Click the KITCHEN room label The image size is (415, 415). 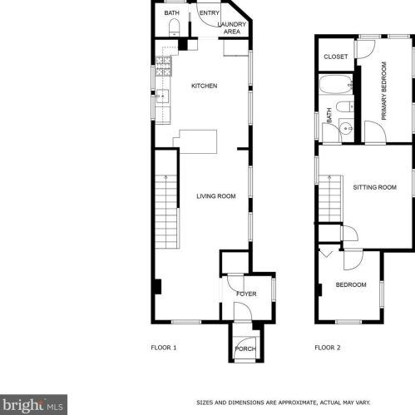tap(205, 86)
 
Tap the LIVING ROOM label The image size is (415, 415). tap(216, 196)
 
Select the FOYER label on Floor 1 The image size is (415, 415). tap(246, 294)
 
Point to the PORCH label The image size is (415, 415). tap(245, 348)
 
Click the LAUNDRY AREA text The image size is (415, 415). tap(232, 28)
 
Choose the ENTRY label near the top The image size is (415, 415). tap(210, 13)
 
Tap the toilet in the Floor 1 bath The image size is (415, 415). tap(175, 27)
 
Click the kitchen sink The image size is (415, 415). tap(162, 96)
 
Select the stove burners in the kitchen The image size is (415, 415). tap(164, 67)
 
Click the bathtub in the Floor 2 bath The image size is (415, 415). tap(336, 84)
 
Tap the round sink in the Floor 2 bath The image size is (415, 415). tap(347, 129)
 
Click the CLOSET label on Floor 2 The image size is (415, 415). tap(336, 57)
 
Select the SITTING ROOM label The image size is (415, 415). tap(374, 187)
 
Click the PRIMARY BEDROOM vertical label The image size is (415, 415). tap(384, 91)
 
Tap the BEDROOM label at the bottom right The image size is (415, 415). tap(351, 284)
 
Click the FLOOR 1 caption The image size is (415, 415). tap(164, 348)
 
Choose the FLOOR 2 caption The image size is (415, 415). tap(328, 348)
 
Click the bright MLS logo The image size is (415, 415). tap(33, 405)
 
